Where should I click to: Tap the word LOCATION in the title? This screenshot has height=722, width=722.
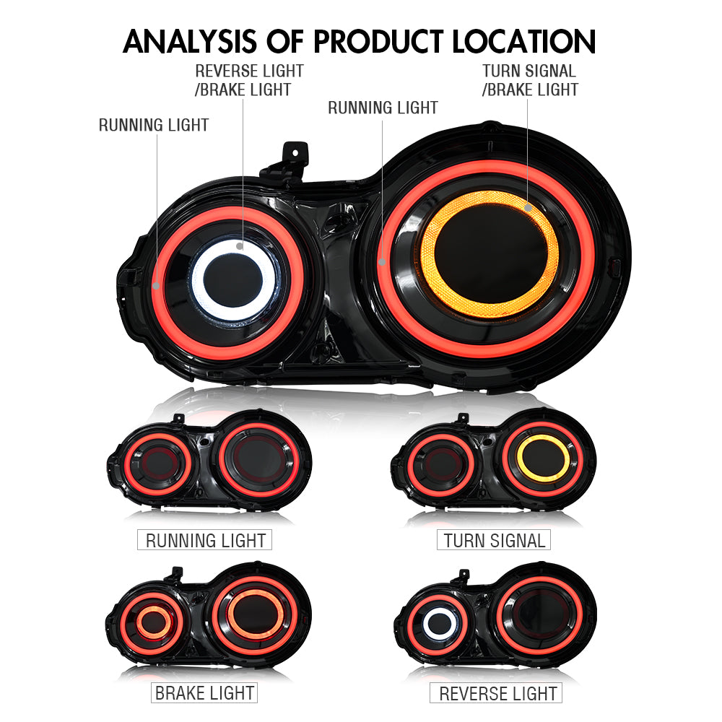(525, 42)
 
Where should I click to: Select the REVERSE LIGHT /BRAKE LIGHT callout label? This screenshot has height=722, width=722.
(249, 80)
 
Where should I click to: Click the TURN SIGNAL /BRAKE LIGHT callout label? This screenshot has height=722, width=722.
(530, 80)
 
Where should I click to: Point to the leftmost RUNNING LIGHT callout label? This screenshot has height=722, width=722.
(154, 125)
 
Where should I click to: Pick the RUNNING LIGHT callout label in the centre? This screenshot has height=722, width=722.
(383, 108)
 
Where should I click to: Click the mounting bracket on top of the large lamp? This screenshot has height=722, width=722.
(292, 155)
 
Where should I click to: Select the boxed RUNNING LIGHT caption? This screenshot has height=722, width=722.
(206, 540)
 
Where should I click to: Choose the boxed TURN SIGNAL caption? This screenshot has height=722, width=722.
(494, 540)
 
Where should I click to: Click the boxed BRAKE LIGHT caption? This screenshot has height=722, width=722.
(205, 694)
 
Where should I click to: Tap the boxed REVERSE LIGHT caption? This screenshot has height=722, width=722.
(498, 694)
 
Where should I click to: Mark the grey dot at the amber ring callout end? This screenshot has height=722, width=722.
(529, 208)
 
